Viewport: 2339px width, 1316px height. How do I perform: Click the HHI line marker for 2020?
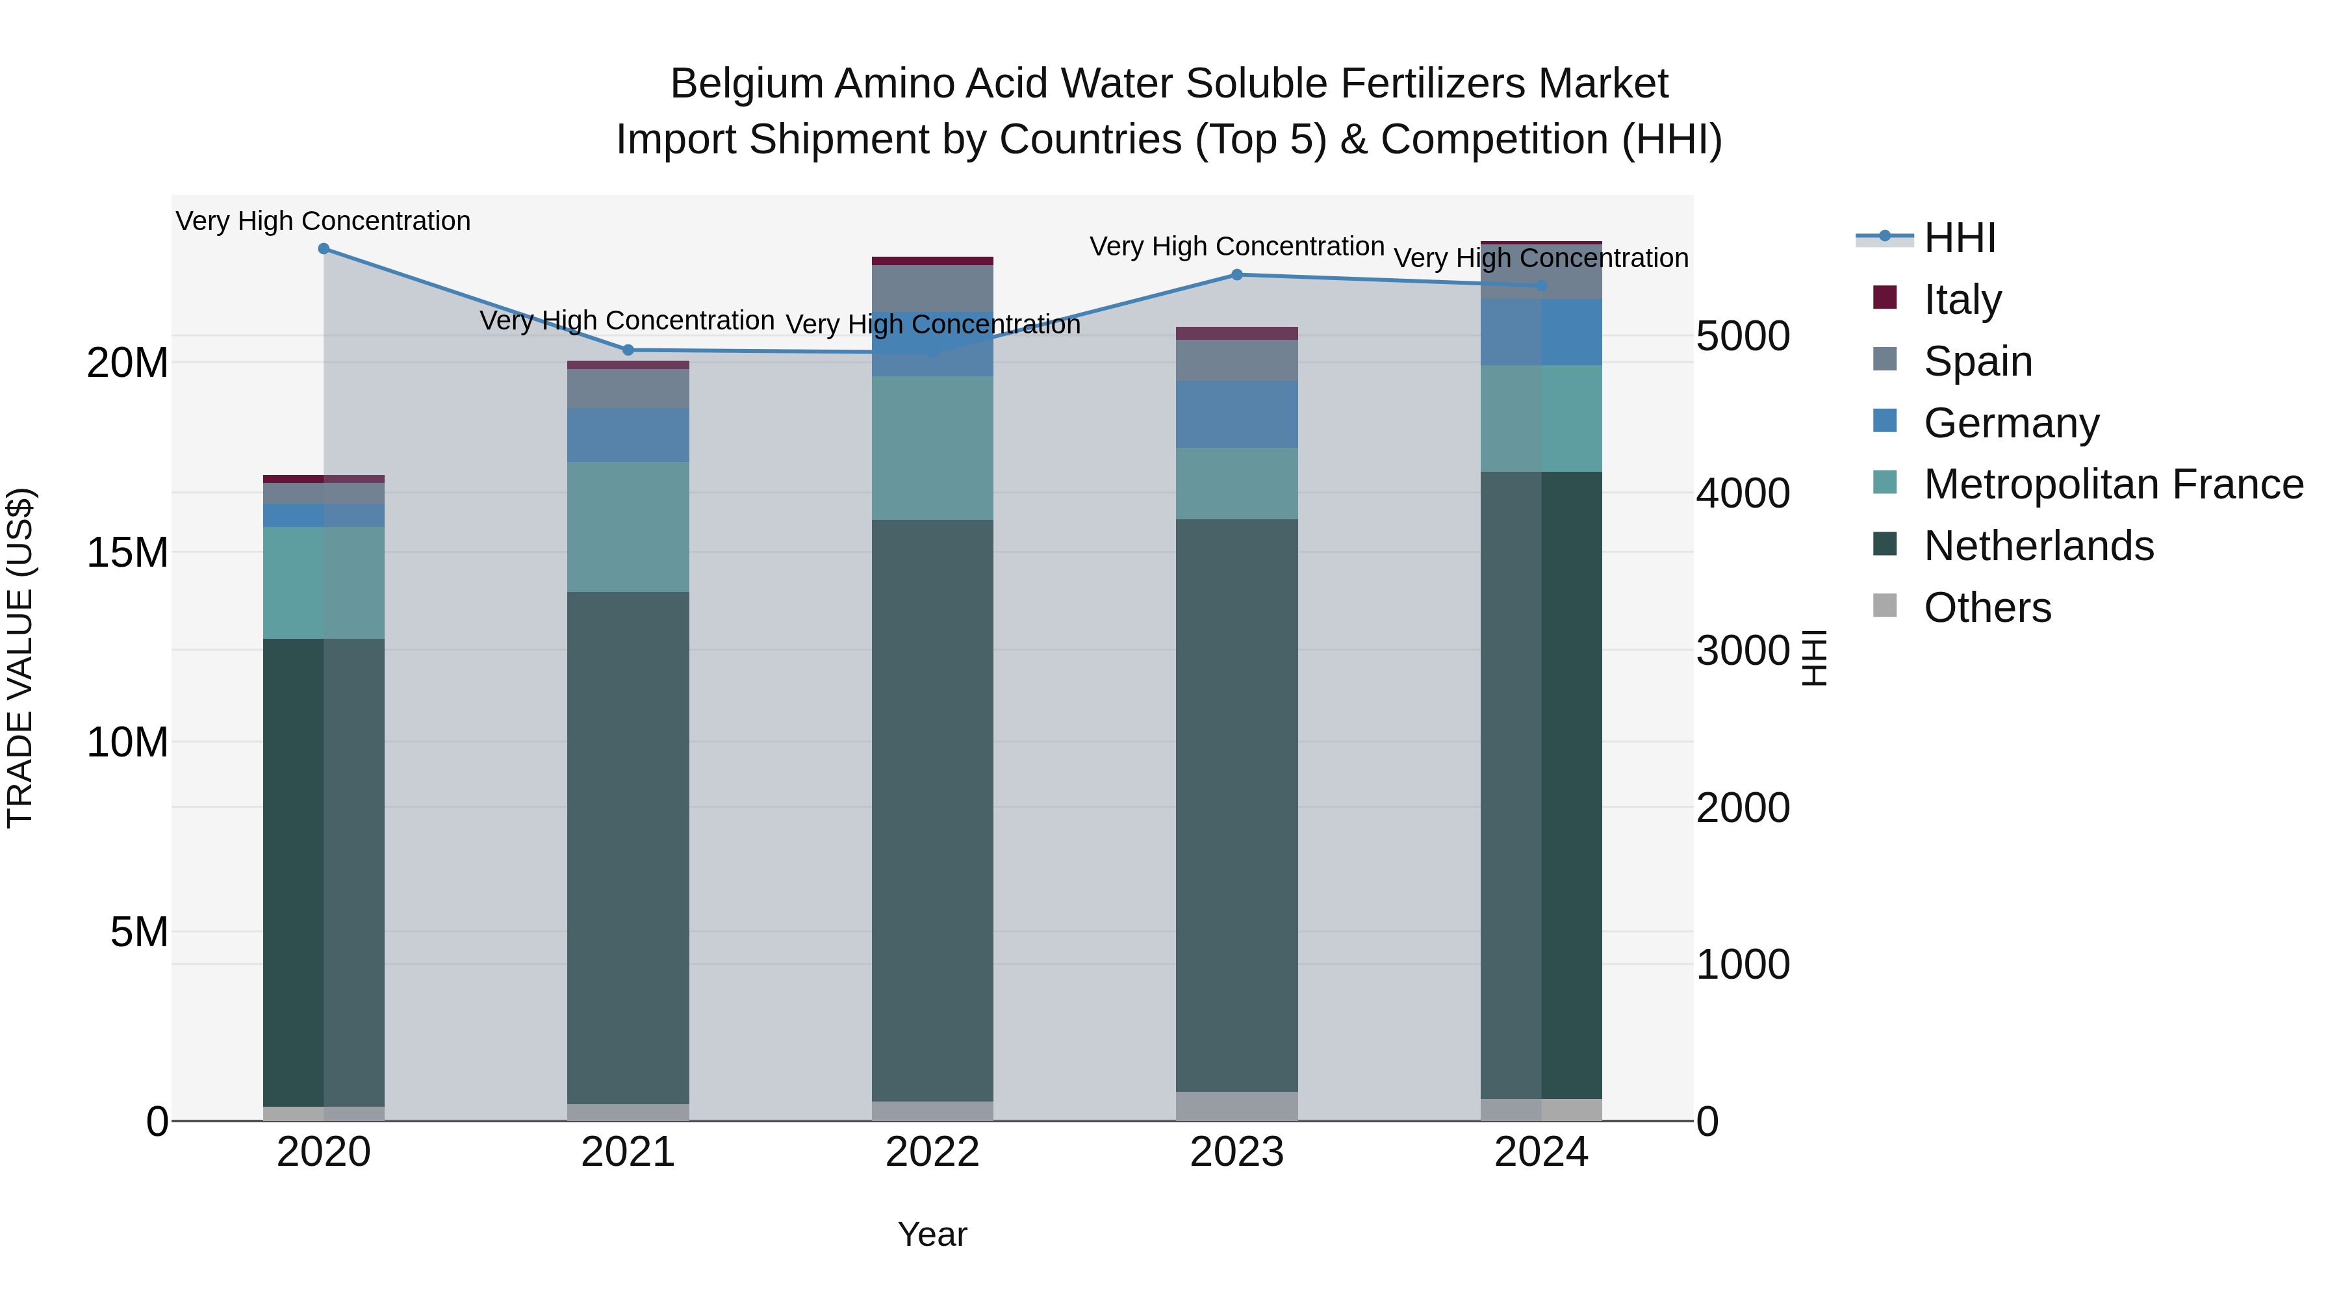tap(324, 249)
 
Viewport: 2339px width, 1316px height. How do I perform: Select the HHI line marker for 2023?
tap(1236, 274)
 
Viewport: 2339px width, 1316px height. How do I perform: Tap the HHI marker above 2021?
tap(628, 350)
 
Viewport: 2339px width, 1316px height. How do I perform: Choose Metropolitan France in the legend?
tap(2113, 484)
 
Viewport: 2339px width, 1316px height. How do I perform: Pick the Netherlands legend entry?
tap(2038, 546)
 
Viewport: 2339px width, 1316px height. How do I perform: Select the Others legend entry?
tap(1987, 608)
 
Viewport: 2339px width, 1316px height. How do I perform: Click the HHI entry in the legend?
tap(1960, 238)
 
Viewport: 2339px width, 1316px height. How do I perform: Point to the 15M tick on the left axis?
tap(127, 552)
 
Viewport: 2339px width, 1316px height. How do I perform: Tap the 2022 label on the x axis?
tap(932, 1152)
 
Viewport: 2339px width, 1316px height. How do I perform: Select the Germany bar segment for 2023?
tap(1236, 414)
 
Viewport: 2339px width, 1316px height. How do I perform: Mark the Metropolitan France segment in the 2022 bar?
tap(932, 448)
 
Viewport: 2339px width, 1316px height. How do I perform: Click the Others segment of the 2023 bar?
tap(1236, 1105)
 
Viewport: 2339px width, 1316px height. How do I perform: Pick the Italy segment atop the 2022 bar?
tap(932, 261)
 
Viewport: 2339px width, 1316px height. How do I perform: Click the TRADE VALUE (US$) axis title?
tap(20, 658)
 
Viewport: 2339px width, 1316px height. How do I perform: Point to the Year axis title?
tap(932, 1234)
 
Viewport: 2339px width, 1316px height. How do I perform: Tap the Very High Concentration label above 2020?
tap(324, 221)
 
